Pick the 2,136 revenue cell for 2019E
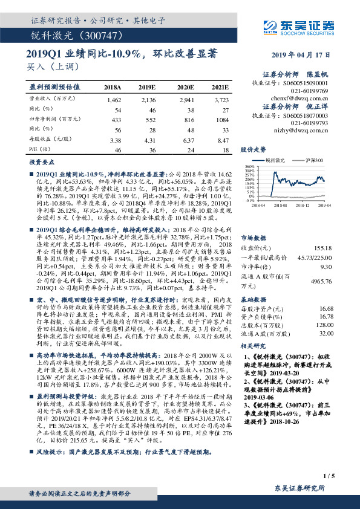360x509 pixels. [x=148, y=99]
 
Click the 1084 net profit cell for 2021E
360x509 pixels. [x=221, y=121]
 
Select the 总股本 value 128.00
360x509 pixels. [x=325, y=325]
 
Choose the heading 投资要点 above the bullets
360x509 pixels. [x=39, y=163]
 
